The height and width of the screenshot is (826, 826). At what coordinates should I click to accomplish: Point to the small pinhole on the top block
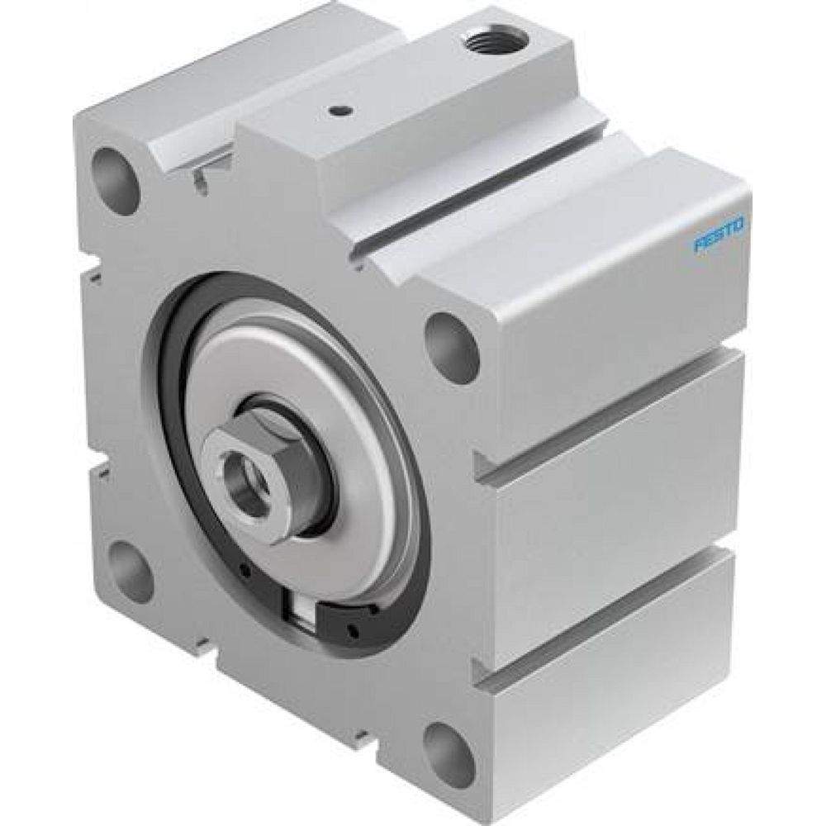(336, 108)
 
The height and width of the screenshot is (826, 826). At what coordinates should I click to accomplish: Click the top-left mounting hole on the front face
(115, 170)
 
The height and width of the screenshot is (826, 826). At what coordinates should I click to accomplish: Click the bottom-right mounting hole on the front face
(446, 748)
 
